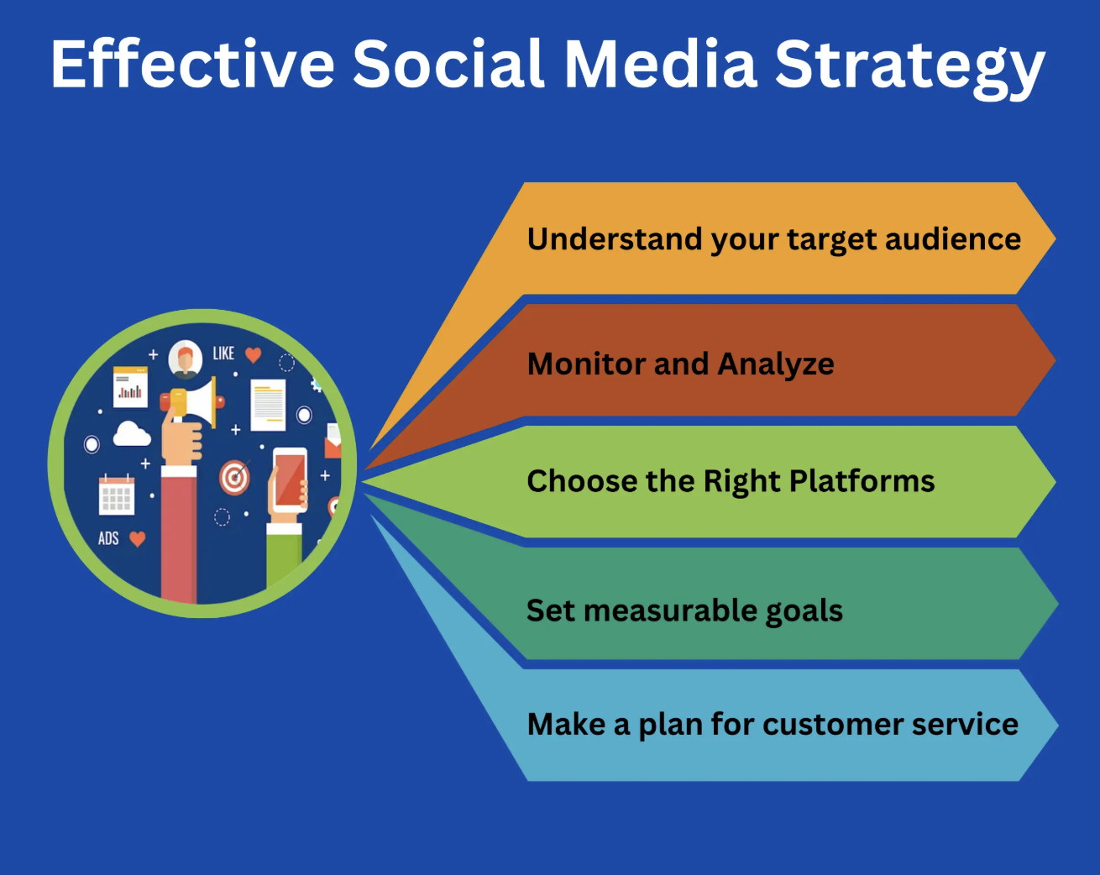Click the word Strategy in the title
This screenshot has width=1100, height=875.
point(909,65)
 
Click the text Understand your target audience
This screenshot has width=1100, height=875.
point(773,239)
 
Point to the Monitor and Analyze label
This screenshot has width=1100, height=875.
point(680,364)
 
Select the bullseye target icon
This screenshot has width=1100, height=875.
point(235,477)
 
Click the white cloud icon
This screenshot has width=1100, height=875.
point(131,434)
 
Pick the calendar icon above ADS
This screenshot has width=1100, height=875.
point(116,495)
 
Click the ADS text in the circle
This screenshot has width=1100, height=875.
point(108,538)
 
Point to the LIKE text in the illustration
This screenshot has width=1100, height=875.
point(223,354)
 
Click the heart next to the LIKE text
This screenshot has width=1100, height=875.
point(253,354)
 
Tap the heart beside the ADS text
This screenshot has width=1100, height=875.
point(138,538)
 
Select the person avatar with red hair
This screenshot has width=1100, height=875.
point(185,359)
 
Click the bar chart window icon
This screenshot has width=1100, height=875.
point(130,386)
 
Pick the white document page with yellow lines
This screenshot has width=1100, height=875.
point(269,403)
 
